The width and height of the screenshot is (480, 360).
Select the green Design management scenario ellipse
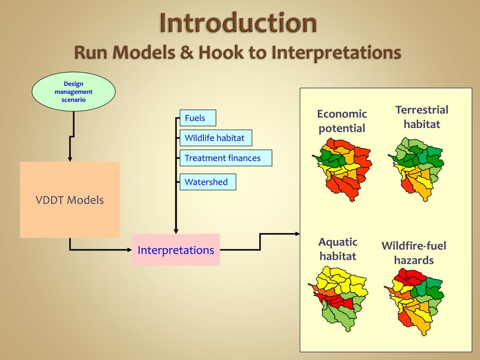74,92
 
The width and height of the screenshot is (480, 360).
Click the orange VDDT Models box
70,200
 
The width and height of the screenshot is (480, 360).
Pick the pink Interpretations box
176,250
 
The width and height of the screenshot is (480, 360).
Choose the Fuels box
197,118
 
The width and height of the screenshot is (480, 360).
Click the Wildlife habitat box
215,138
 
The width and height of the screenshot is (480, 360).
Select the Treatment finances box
225,158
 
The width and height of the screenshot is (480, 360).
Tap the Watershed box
207,182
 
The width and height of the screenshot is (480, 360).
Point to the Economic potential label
342,121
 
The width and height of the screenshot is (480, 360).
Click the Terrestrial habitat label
422,117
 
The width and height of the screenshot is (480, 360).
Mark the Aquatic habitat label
337,249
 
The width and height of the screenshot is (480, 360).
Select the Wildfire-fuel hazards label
414,253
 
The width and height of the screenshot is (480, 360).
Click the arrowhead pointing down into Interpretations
176,231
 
